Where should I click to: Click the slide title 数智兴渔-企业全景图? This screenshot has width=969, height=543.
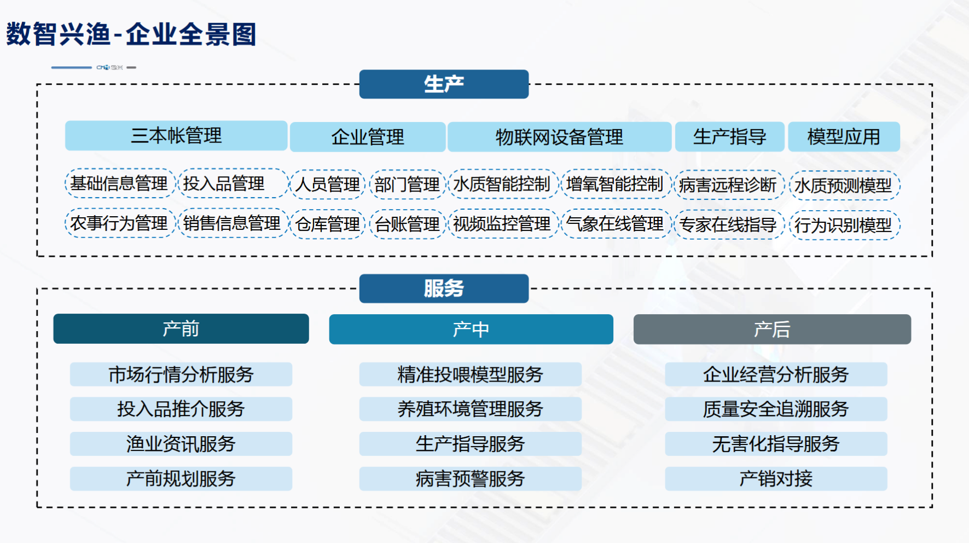(131, 34)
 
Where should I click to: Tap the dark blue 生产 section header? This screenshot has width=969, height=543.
(444, 84)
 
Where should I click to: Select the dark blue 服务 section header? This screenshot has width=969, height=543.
(444, 288)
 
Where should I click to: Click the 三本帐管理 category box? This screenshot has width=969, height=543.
(176, 136)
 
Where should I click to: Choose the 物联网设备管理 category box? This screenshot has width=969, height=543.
(559, 137)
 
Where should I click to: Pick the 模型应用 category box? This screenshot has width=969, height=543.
(844, 137)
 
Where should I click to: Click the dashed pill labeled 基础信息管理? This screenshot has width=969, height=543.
(119, 183)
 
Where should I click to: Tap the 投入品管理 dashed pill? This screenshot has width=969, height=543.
(233, 183)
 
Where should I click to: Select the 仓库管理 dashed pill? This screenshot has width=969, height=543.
(328, 224)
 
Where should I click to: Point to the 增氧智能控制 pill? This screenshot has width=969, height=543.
(615, 184)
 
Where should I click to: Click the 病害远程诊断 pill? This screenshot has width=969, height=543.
(728, 185)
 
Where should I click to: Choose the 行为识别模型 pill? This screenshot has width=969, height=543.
(844, 225)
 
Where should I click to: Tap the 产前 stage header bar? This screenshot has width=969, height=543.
(181, 329)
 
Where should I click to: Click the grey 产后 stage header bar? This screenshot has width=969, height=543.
(772, 330)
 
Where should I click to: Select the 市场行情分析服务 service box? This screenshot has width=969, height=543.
(181, 374)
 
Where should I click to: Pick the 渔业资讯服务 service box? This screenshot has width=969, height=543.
(181, 444)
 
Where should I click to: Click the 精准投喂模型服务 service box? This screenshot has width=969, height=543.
(471, 374)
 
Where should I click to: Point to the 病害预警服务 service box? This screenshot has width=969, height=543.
(471, 479)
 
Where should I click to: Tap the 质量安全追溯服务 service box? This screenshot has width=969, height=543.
(776, 409)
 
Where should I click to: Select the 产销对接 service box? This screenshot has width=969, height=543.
(776, 479)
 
